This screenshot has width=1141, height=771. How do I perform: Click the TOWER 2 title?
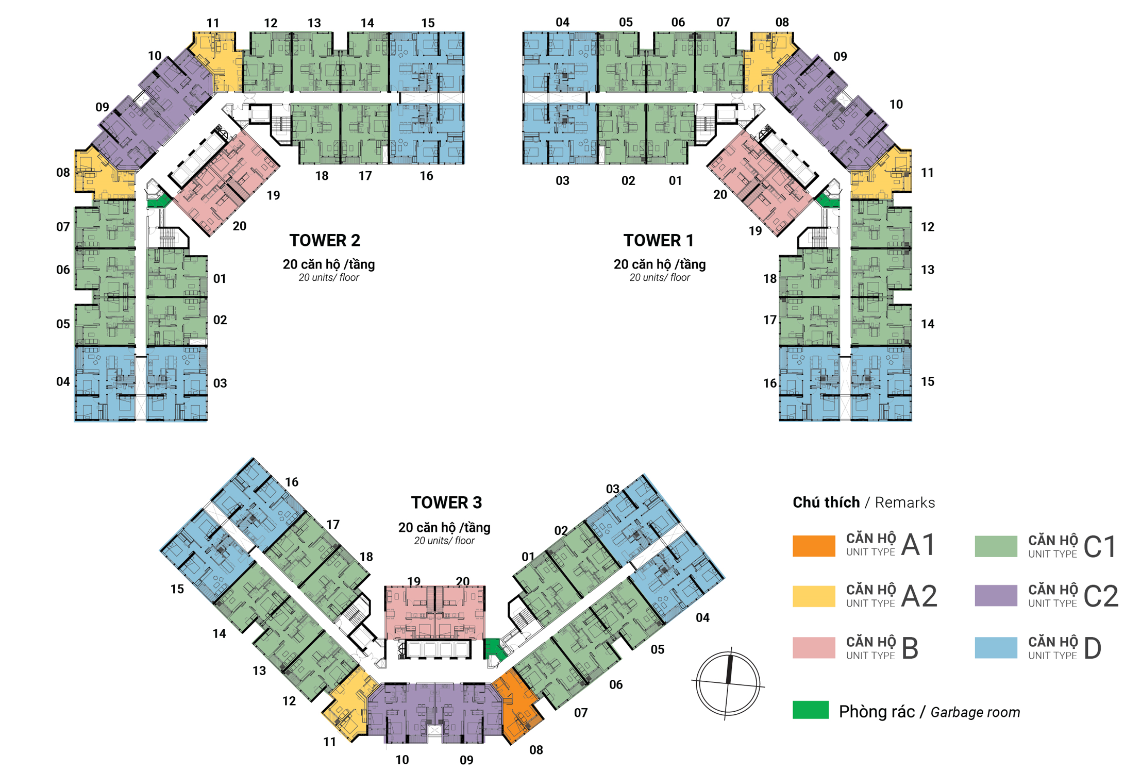coord(325,240)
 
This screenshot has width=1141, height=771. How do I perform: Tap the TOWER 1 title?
coord(658,240)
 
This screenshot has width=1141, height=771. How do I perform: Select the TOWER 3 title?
coord(446,502)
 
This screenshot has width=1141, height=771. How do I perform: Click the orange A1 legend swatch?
coord(813,546)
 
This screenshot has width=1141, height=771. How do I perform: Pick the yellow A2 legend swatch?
coord(813,596)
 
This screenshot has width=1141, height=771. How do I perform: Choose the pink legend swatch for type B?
coord(813,648)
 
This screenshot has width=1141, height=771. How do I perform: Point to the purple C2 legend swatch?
coord(996,596)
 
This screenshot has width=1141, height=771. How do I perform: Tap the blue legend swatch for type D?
coord(996,648)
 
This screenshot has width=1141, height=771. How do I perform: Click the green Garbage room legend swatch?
coord(810,710)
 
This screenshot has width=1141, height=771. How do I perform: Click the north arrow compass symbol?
coord(728,683)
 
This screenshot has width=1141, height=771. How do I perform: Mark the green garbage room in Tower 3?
coord(493,648)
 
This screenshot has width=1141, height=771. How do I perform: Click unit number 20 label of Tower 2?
coord(239,226)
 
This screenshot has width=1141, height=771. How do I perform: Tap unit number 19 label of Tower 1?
coord(755,231)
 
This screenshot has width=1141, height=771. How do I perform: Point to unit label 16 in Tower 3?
coord(292,482)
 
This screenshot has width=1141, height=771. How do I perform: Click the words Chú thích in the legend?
coord(826,502)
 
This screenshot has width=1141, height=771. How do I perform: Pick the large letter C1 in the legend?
coord(1099,546)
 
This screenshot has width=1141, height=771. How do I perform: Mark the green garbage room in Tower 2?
coord(159,200)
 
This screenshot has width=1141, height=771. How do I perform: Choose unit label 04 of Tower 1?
coord(562,22)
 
